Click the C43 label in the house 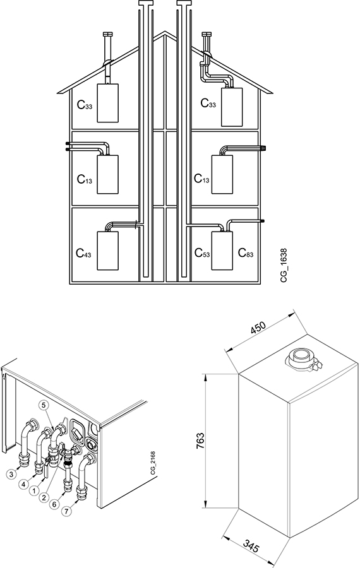[x=83, y=253]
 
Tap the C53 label [x=202, y=252]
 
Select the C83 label [x=246, y=252]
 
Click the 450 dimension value [x=258, y=327]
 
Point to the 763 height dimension [x=200, y=441]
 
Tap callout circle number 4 [x=23, y=483]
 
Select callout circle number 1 [x=33, y=491]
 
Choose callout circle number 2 [x=44, y=497]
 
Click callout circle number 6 [x=55, y=504]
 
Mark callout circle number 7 [x=66, y=511]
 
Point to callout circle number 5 [x=44, y=405]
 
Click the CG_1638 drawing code [x=284, y=266]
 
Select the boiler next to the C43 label [x=107, y=251]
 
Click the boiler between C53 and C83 [x=222, y=251]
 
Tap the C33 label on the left [x=85, y=105]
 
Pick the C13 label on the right [x=201, y=179]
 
